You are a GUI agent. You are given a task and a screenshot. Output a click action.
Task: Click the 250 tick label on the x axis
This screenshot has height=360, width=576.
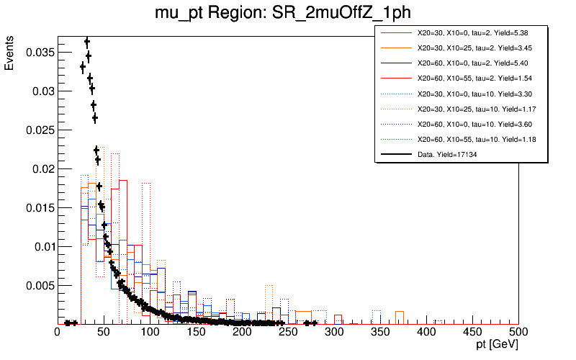click(x=288, y=333)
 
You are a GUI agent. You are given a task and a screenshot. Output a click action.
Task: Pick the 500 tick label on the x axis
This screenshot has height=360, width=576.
click(x=518, y=333)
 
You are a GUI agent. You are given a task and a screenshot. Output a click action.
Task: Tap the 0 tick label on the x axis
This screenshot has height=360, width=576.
click(x=58, y=333)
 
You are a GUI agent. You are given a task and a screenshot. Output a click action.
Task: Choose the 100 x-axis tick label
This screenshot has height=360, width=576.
click(x=150, y=333)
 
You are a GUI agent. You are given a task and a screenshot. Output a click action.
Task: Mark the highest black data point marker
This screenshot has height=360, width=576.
click(x=87, y=41)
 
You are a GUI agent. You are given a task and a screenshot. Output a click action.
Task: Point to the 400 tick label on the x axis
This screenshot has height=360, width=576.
click(x=426, y=333)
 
